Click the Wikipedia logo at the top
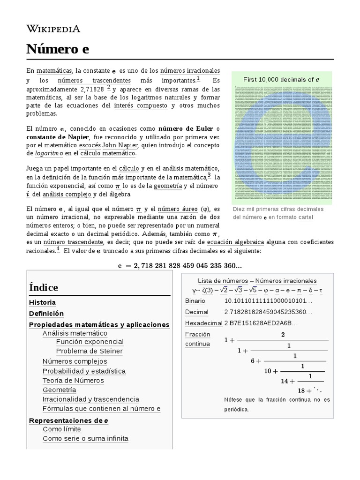click(53, 29)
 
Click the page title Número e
click(58, 49)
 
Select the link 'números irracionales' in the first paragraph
click(190, 70)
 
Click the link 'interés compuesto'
click(140, 105)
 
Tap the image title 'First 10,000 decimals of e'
click(281, 79)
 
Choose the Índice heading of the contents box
click(44, 287)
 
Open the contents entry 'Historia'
click(42, 302)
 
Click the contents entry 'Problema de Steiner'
click(89, 351)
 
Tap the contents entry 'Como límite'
click(61, 429)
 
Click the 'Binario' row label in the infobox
click(195, 300)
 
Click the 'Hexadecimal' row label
click(203, 323)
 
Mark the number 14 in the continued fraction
click(285, 381)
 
